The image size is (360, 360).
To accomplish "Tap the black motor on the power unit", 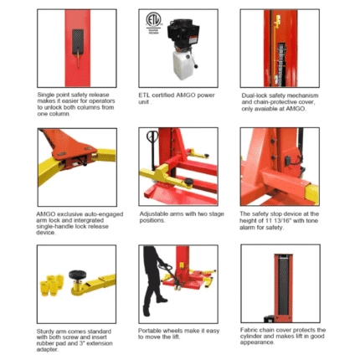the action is [183, 33].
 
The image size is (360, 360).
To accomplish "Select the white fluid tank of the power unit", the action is [183, 64].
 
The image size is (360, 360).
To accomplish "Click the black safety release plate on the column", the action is [78, 42].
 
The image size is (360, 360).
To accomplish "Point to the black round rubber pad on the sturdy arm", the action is [77, 274].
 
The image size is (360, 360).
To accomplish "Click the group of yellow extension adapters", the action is [52, 285].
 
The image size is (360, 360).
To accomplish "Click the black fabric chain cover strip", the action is [283, 286].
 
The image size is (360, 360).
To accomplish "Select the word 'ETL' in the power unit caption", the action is [144, 95].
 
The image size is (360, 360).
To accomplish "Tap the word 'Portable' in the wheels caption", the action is [149, 331].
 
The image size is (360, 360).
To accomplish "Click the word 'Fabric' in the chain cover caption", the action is [249, 330].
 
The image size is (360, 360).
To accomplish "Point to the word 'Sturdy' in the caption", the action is [45, 332].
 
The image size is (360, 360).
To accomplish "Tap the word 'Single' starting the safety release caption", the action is [45, 95].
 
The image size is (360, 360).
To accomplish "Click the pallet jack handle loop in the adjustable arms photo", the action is [152, 136].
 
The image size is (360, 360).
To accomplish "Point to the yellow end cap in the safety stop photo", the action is [312, 193].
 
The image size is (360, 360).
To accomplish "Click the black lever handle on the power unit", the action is [193, 60].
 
